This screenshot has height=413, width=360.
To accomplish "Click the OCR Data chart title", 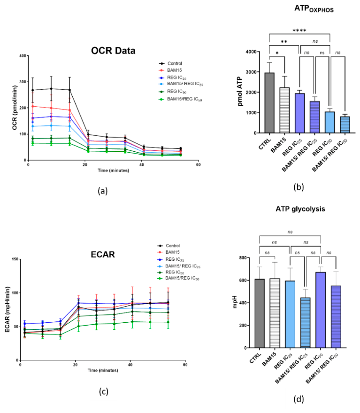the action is click(x=113, y=51).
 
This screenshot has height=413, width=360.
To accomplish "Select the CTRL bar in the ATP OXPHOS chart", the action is click(x=269, y=103).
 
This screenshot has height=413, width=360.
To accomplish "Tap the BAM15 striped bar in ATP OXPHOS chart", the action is click(x=284, y=110).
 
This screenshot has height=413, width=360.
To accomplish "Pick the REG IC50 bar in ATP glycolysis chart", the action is click(x=321, y=310).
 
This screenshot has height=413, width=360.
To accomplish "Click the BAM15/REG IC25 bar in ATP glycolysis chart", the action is click(x=305, y=323).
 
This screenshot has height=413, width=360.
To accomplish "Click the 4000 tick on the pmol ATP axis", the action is click(x=251, y=52).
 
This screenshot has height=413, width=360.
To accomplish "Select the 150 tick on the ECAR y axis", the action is click(x=15, y=259).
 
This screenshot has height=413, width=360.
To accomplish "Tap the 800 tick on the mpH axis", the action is click(x=243, y=257).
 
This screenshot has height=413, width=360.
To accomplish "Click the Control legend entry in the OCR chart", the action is click(x=170, y=63).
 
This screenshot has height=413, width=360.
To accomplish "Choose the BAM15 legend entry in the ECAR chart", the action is click(x=169, y=252).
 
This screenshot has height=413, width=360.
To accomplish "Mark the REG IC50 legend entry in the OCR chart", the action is click(x=172, y=92).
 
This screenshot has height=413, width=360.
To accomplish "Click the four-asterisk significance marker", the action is click(x=299, y=31).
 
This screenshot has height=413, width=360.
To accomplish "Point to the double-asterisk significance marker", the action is click(x=284, y=42).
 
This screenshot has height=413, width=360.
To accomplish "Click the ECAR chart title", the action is click(x=103, y=255).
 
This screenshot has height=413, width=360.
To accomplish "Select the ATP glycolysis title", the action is click(x=300, y=209).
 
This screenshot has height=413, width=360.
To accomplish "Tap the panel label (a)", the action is click(x=103, y=191).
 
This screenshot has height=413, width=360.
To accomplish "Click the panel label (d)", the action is click(x=299, y=399).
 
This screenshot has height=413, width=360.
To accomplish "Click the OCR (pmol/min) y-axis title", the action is click(x=15, y=108).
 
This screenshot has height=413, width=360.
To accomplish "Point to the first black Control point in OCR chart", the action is click(x=33, y=90).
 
